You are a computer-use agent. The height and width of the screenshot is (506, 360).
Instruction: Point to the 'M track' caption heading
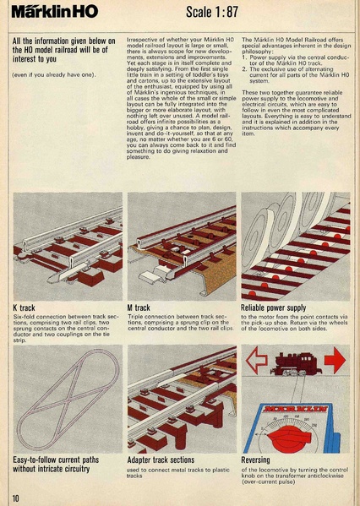click(x=139, y=308)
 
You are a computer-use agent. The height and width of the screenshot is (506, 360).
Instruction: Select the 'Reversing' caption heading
click(x=257, y=460)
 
